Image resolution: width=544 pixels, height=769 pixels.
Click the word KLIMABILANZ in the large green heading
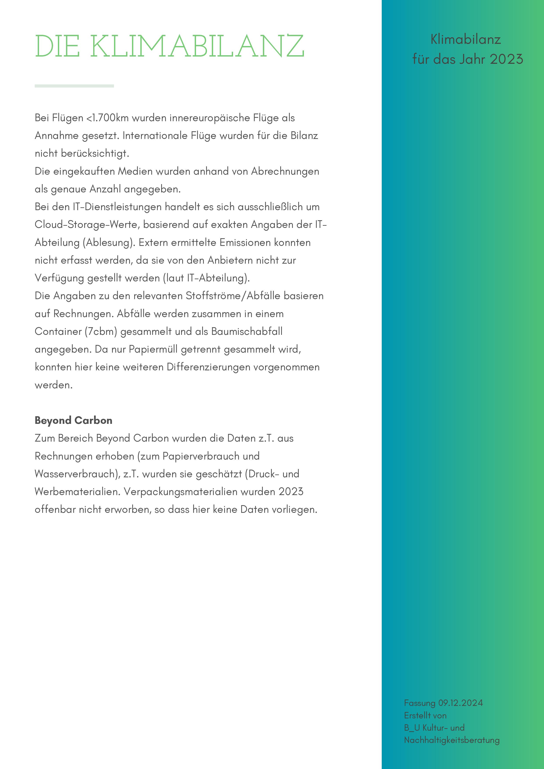197,46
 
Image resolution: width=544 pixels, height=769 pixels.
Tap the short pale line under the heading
74,86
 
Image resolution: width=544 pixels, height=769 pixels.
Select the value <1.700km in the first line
108,118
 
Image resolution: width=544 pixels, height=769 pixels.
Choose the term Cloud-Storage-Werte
87,224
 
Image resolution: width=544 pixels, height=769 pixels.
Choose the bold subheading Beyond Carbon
73,420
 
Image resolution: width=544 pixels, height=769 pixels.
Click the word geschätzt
219,474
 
